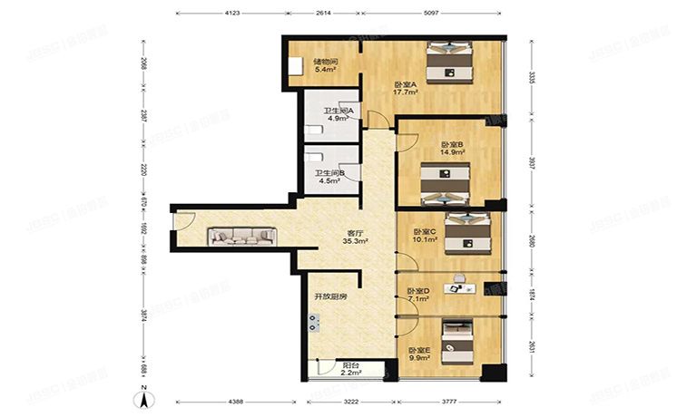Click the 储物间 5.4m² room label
[300, 65]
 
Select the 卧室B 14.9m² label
[452, 149]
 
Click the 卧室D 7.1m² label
[419, 294]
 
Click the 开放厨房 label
[330, 296]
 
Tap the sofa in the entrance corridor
[242, 237]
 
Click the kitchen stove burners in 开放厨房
[314, 321]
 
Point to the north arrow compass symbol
[144, 396]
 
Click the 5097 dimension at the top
[431, 14]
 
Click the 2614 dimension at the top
[324, 14]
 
